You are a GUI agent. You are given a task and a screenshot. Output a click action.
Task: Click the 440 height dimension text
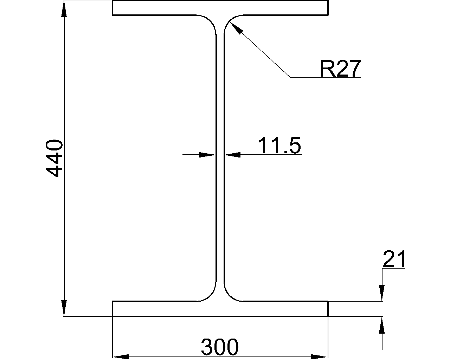tap(54, 159)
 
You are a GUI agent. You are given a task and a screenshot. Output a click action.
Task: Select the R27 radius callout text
tap(340, 69)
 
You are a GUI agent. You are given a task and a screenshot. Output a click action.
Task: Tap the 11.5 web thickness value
tap(279, 145)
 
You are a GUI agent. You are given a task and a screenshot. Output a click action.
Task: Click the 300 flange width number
tap(220, 347)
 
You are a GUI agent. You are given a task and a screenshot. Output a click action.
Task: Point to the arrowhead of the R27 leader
tap(236, 28)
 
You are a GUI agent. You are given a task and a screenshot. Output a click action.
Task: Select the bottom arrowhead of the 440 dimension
tap(64, 308)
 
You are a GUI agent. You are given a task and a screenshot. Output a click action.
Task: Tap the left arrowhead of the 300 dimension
tap(121, 357)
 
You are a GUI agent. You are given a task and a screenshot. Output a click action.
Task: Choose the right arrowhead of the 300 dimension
tap(320, 357)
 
